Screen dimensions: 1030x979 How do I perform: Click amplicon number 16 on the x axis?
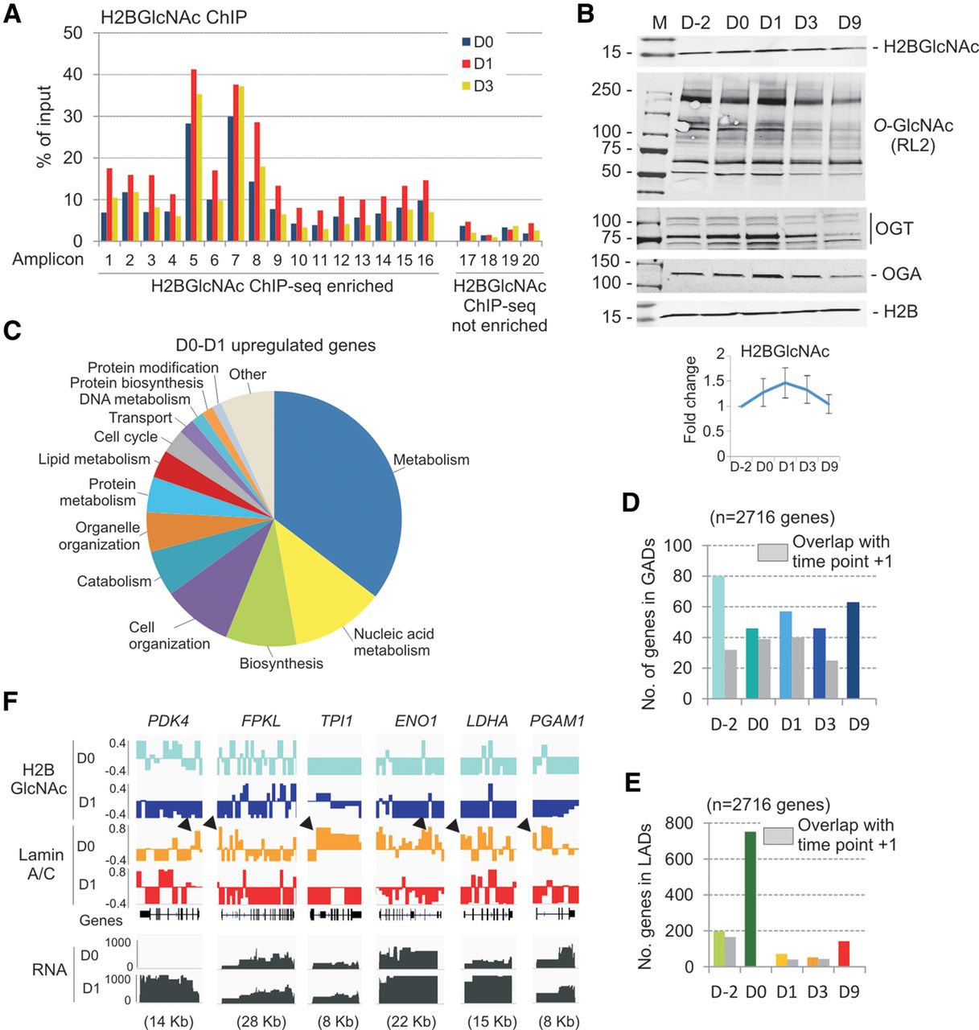click(425, 260)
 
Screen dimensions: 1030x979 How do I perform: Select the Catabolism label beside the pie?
click(114, 581)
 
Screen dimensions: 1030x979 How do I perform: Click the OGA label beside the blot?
click(901, 274)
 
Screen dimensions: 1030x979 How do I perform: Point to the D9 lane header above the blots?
click(849, 23)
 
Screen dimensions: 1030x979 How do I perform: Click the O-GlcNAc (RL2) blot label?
click(904, 135)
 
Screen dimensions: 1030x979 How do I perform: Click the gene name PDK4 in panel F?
click(168, 720)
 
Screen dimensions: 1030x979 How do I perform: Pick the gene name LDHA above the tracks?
click(488, 720)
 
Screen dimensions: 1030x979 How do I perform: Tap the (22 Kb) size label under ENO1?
click(411, 1022)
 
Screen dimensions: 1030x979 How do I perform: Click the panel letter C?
click(13, 332)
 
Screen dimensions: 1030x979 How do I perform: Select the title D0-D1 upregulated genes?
click(275, 346)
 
